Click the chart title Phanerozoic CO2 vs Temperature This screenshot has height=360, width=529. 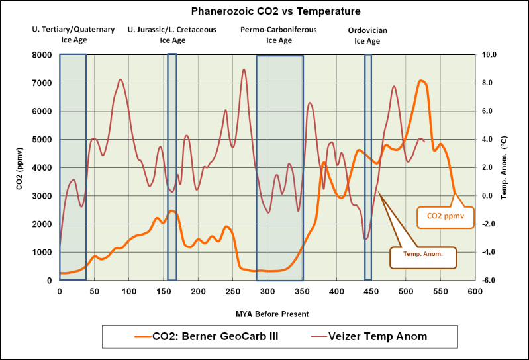point(267,11)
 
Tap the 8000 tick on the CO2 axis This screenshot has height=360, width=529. point(44,55)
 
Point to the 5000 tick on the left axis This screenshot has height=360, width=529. point(44,140)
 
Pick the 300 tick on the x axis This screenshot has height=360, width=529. point(267,291)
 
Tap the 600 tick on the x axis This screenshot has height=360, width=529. point(475,291)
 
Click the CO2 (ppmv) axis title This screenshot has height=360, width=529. point(20,167)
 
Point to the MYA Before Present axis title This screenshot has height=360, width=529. point(267,313)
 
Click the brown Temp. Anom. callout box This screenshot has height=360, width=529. point(423,253)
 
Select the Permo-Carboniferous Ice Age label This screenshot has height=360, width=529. point(279,35)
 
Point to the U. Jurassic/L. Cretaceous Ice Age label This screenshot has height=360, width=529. point(172,35)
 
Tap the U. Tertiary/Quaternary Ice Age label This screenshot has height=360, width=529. point(73,35)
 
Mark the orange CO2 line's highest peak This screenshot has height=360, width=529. point(421,81)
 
